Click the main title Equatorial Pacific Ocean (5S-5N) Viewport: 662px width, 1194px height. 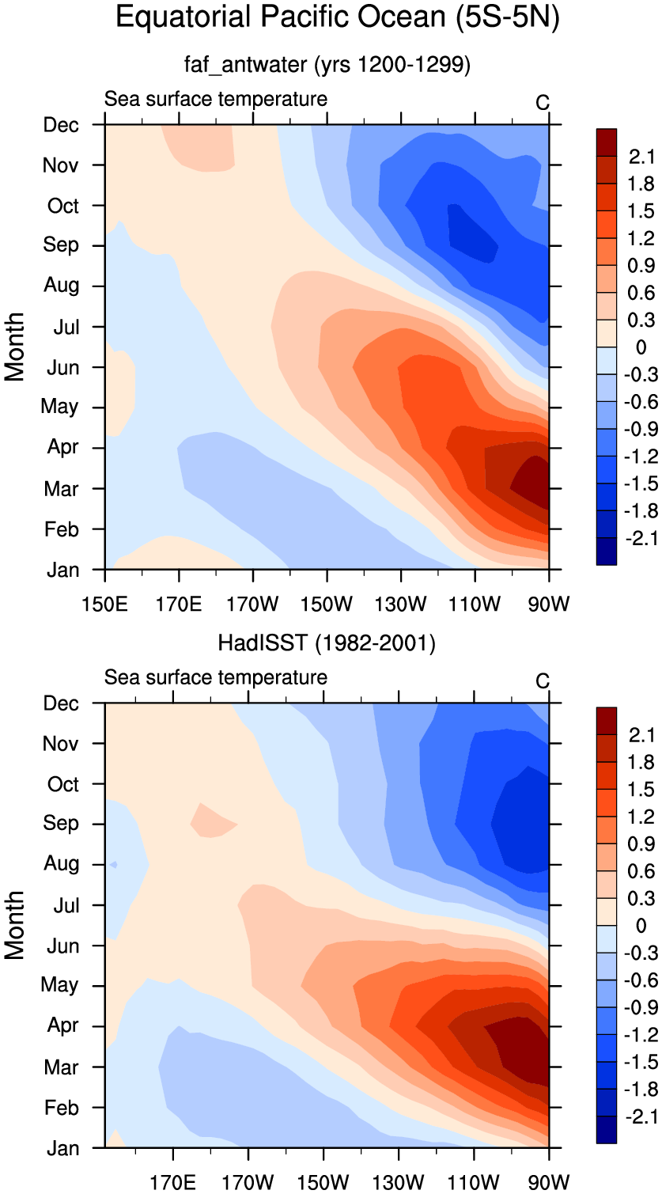pyautogui.click(x=338, y=17)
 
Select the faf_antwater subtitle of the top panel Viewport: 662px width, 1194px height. pyautogui.click(x=327, y=65)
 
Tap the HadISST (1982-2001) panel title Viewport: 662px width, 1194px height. pyautogui.click(x=327, y=642)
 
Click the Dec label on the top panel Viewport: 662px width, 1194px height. pyautogui.click(x=62, y=125)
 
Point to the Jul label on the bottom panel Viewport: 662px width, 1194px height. pyautogui.click(x=66, y=905)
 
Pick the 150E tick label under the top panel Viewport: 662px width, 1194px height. pyautogui.click(x=104, y=605)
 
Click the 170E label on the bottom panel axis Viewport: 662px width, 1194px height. pyautogui.click(x=172, y=1183)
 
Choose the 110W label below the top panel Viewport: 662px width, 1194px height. pyautogui.click(x=475, y=605)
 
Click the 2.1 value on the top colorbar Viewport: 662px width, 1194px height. pyautogui.click(x=641, y=157)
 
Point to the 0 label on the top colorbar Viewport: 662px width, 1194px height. pyautogui.click(x=641, y=347)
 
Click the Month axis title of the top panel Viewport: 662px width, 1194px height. pyautogui.click(x=14, y=347)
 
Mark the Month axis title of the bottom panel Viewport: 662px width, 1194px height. pyautogui.click(x=14, y=925)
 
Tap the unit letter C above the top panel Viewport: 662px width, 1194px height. pyautogui.click(x=543, y=102)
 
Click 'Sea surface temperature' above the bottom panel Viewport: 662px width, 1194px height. pyautogui.click(x=215, y=677)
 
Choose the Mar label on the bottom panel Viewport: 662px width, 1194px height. pyautogui.click(x=62, y=1067)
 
